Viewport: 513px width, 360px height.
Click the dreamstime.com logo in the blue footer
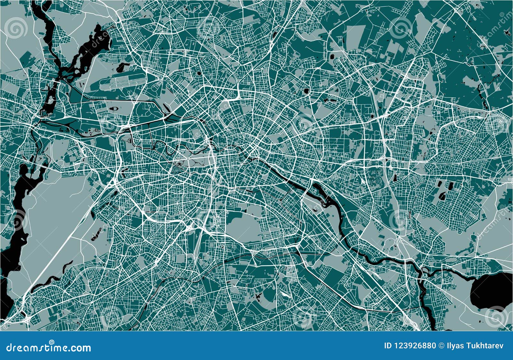[48, 347]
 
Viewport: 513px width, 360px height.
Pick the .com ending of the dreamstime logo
[80, 348]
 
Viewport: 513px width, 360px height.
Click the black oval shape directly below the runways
[114, 109]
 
